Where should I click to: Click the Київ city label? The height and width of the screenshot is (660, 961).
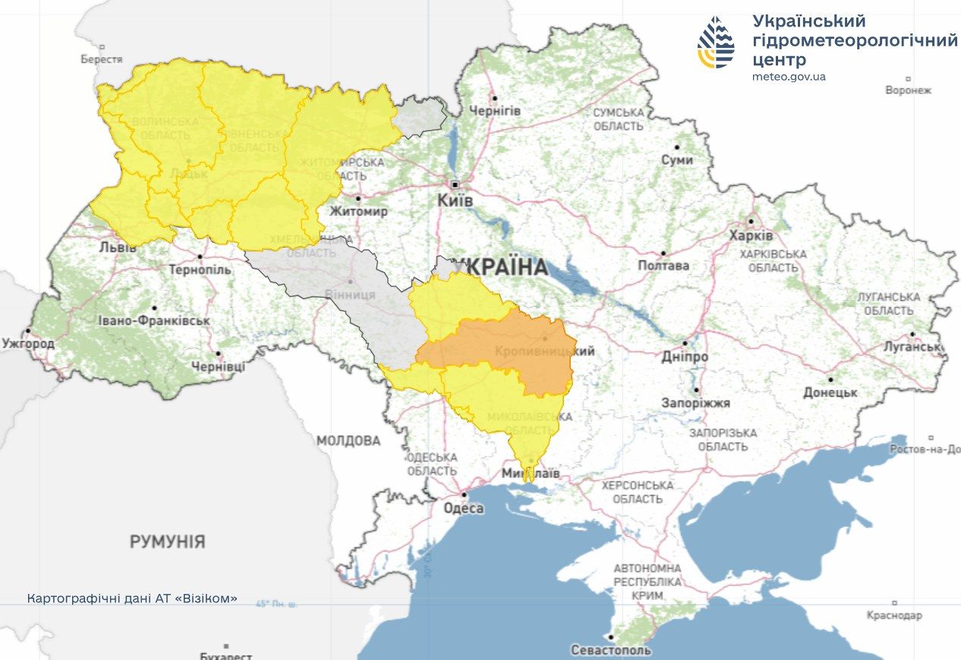[455, 201]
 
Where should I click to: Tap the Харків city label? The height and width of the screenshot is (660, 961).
[751, 236]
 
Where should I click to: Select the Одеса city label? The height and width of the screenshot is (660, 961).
[462, 509]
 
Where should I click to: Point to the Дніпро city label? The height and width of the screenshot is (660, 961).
[684, 357]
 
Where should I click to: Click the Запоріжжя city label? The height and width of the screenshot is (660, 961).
[695, 403]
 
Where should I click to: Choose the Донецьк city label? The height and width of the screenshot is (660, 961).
[830, 393]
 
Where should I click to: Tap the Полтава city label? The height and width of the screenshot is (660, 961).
[663, 266]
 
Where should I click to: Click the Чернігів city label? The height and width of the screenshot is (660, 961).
[495, 111]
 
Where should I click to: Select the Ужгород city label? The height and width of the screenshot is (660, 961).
[28, 344]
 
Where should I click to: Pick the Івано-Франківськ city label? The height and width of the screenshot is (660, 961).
[153, 321]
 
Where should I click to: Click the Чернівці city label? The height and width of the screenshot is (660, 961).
[218, 367]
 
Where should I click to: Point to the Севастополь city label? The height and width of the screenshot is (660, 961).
[610, 650]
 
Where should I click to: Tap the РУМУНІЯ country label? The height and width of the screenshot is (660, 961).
[167, 542]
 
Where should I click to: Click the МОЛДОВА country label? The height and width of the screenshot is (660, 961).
[348, 441]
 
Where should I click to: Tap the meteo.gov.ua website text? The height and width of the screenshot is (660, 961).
[789, 77]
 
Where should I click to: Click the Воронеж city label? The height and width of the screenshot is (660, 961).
[908, 90]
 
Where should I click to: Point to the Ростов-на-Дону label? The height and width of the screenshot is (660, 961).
[925, 450]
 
